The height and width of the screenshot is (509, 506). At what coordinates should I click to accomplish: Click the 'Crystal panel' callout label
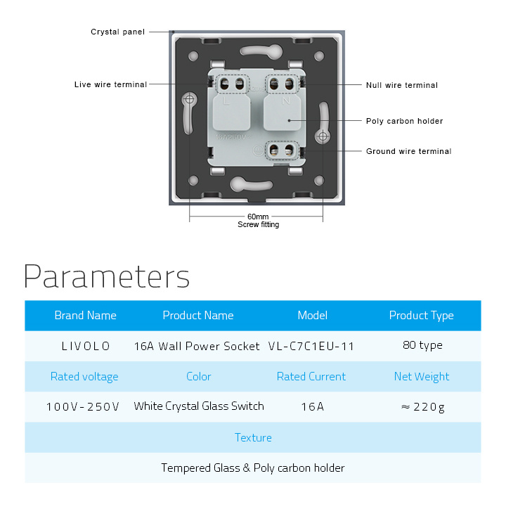(117, 32)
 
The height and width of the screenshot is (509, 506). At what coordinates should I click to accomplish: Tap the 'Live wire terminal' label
(110, 84)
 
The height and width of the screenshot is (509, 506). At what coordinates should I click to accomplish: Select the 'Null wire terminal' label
(402, 85)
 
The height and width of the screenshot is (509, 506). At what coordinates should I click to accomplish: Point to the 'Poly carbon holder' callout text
(404, 121)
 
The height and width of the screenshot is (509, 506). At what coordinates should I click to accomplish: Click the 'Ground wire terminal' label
(408, 151)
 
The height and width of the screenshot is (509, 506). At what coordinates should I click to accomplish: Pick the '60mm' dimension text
(258, 217)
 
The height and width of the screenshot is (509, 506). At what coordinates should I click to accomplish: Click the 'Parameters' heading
(107, 276)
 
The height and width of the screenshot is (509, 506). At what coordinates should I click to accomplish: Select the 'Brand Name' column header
(85, 315)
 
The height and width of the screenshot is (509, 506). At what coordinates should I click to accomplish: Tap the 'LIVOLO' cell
(86, 346)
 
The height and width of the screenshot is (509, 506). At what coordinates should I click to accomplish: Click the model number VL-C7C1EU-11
(311, 347)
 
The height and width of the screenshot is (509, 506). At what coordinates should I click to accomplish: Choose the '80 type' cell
(422, 345)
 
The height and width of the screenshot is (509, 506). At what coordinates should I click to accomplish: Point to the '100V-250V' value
(83, 407)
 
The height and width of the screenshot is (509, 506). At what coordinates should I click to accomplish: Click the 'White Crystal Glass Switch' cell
(199, 406)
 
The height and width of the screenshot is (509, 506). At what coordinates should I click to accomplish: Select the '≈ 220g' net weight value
(422, 407)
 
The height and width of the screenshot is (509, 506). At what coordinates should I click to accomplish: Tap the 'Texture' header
(253, 437)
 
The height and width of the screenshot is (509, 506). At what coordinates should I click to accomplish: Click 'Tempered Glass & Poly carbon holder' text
(253, 468)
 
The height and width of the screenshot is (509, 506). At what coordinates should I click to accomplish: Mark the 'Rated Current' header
(311, 376)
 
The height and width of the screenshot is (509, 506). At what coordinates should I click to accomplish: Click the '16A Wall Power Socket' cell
(197, 346)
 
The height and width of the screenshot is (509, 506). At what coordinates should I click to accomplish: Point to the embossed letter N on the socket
(286, 101)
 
